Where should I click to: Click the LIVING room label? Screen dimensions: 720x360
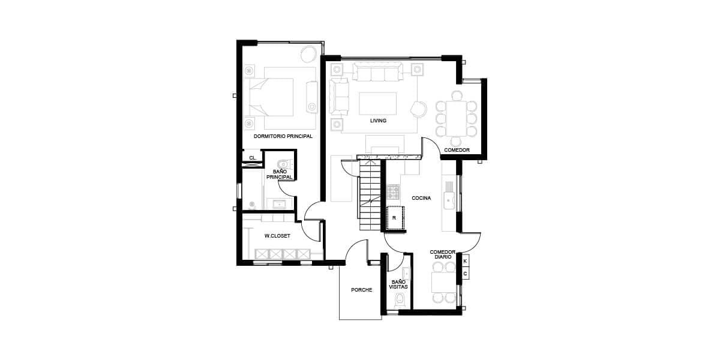click(x=378, y=121)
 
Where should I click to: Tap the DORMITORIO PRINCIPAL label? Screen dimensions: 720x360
click(x=283, y=136)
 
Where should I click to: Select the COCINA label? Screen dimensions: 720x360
click(x=421, y=198)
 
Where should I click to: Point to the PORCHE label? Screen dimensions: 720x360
click(x=362, y=290)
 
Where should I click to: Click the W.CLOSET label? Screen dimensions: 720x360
click(x=277, y=236)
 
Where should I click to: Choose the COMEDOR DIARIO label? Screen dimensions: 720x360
click(x=443, y=254)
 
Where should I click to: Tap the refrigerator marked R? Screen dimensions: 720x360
click(x=395, y=218)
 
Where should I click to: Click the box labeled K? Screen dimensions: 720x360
click(x=465, y=261)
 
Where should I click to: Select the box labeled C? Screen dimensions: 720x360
click(x=465, y=274)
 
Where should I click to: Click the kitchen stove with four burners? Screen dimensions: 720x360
click(x=394, y=192)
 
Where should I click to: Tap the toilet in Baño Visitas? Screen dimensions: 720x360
click(x=400, y=299)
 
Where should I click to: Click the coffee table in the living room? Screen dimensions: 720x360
click(x=377, y=103)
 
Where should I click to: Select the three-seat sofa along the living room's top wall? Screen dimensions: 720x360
click(x=377, y=71)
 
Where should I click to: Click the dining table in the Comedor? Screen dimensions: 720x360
click(x=456, y=118)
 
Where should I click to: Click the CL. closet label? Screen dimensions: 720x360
click(x=253, y=158)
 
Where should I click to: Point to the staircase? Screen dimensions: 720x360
click(x=370, y=195)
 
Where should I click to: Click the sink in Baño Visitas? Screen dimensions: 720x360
click(x=406, y=274)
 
